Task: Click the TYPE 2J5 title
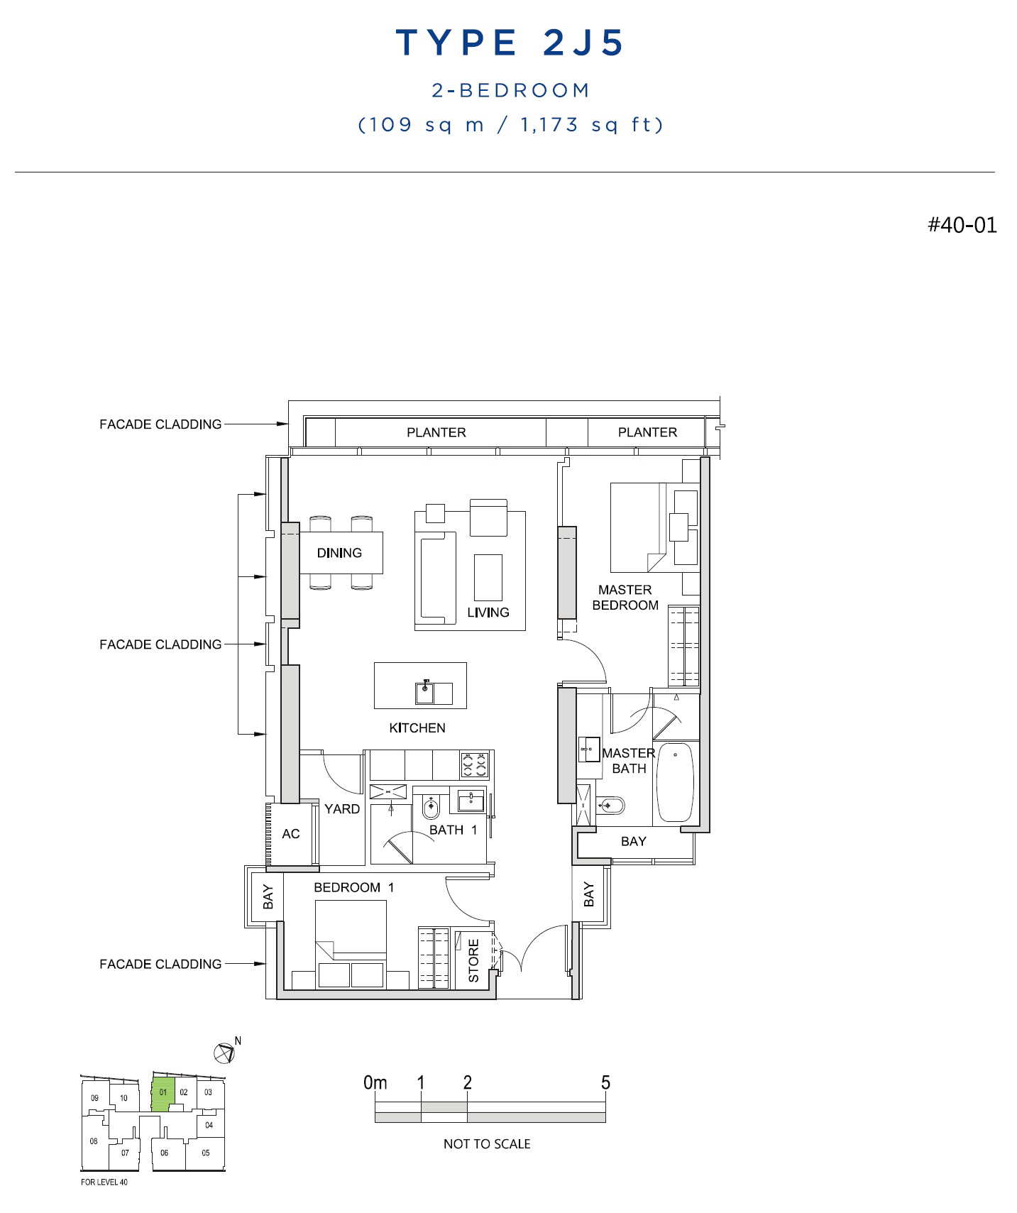click(510, 43)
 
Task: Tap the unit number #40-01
click(962, 225)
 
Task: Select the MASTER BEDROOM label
click(625, 598)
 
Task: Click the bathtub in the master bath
click(675, 782)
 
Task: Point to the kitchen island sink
click(424, 692)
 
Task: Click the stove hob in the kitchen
click(475, 765)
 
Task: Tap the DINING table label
click(339, 553)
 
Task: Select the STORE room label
click(473, 961)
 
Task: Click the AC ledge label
click(291, 834)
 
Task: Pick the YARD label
click(342, 809)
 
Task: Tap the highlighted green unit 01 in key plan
click(163, 1094)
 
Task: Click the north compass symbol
click(224, 1053)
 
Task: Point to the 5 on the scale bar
click(605, 1082)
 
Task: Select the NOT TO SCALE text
click(487, 1143)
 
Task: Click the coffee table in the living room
click(488, 578)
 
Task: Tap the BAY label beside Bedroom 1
click(268, 896)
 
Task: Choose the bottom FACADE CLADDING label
click(160, 964)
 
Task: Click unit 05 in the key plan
click(206, 1153)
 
